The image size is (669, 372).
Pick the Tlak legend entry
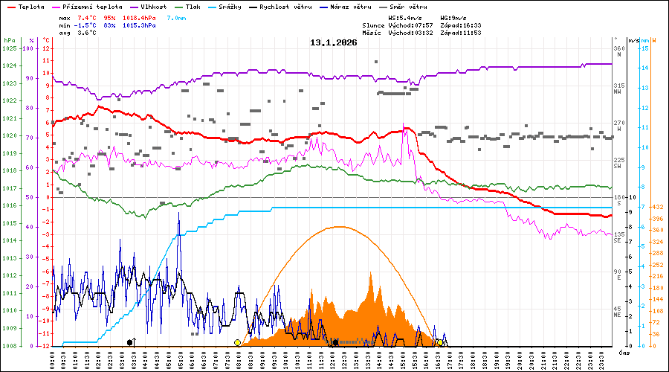point(193,6)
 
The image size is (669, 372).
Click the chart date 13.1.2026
point(334,42)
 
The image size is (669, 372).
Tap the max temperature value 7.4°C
point(88,16)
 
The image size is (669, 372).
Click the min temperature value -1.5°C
point(86,25)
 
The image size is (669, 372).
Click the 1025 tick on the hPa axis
point(9,48)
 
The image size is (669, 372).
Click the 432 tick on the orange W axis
point(658,207)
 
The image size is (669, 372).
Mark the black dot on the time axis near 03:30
point(130,342)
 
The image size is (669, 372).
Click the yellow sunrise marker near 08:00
point(237,342)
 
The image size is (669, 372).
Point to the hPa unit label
point(9,40)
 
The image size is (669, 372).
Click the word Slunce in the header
point(374,25)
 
